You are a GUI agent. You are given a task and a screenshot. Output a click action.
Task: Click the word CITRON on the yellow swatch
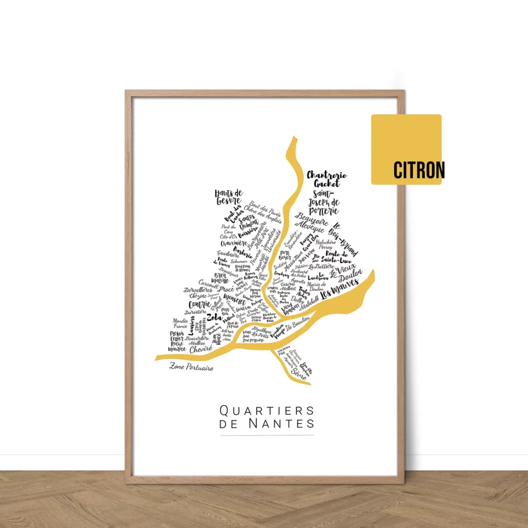click(x=419, y=170)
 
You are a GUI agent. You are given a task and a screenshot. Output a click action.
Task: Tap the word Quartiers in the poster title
click(x=267, y=411)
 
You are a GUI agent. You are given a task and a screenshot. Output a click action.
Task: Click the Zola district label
click(x=214, y=317)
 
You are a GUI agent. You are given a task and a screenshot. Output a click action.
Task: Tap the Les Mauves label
click(x=340, y=290)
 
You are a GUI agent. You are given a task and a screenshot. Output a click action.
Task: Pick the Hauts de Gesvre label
click(x=229, y=196)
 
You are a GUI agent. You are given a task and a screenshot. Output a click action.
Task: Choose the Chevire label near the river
click(x=202, y=349)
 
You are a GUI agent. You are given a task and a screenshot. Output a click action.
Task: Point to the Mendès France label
click(x=180, y=323)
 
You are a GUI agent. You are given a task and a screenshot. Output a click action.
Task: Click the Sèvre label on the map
click(x=298, y=371)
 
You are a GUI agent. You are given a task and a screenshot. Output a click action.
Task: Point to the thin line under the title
click(x=267, y=436)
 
